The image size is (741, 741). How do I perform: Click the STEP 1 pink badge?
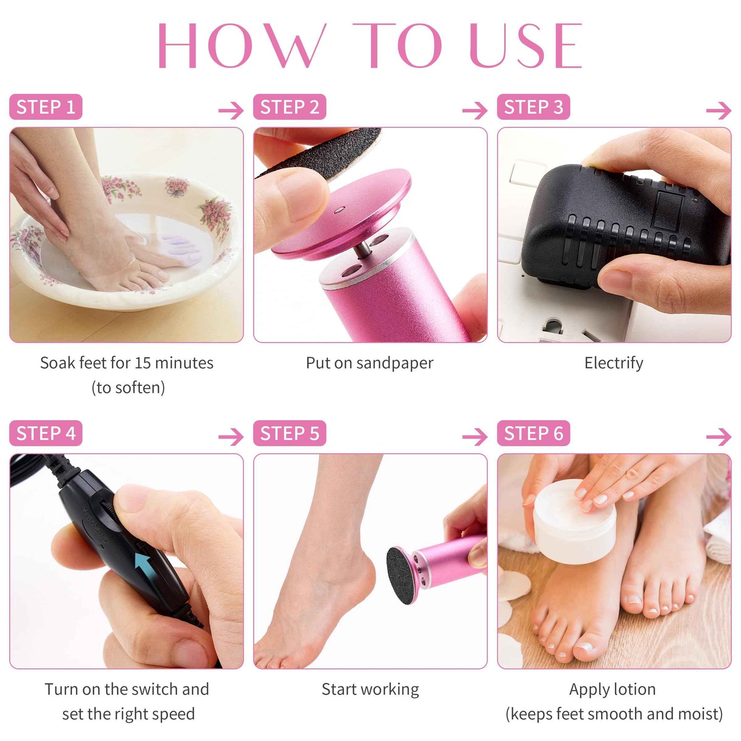click(46, 107)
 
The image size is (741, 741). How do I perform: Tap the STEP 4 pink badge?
click(46, 433)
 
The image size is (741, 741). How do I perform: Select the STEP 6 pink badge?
click(533, 433)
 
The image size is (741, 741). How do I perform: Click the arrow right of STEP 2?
click(474, 110)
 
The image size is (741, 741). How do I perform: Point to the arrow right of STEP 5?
click(474, 437)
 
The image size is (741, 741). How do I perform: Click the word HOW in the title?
click(241, 46)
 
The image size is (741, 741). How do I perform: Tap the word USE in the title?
click(526, 46)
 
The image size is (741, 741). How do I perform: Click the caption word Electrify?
click(614, 363)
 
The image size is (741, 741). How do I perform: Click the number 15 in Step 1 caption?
click(143, 363)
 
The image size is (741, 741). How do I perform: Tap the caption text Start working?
click(370, 689)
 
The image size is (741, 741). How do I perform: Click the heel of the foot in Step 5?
click(359, 579)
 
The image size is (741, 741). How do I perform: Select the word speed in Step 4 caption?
click(176, 714)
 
